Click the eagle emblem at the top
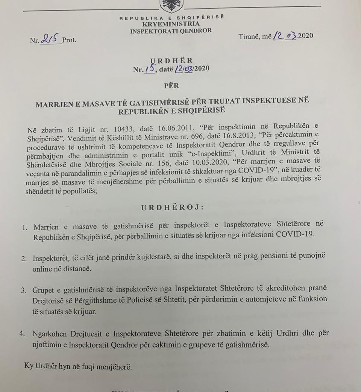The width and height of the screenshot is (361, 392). tap(171, 5)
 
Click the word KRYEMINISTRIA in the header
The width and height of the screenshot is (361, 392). tap(171, 24)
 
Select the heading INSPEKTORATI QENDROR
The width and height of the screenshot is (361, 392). tap(171, 31)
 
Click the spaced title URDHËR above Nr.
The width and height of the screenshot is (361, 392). tap(171, 60)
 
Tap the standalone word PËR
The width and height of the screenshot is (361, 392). tap(171, 86)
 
